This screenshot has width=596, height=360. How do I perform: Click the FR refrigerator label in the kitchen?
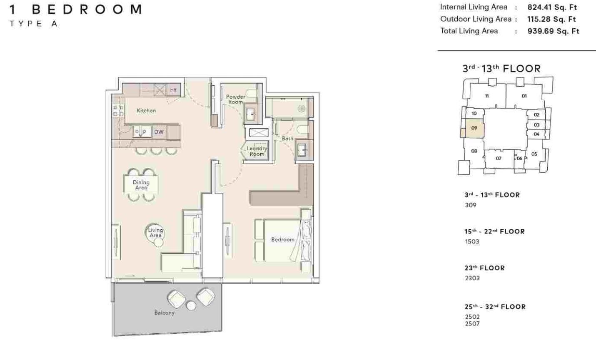(173, 90)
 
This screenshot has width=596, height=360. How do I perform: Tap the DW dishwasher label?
(159, 132)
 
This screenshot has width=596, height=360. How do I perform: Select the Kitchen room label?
(146, 111)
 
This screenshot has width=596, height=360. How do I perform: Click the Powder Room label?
(235, 99)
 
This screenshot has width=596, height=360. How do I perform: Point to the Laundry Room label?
(257, 151)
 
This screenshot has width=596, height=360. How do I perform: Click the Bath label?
(288, 138)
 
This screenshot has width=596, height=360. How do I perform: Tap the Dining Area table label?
(141, 185)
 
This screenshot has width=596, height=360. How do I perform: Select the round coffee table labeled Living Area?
(155, 233)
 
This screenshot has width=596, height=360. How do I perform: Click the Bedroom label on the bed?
(282, 240)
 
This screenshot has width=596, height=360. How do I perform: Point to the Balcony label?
(165, 313)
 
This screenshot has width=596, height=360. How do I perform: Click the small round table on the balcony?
(191, 306)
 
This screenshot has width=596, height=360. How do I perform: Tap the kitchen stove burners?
(118, 111)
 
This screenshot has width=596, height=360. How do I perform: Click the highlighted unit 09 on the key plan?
(474, 128)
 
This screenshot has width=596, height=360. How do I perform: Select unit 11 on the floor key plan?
(486, 96)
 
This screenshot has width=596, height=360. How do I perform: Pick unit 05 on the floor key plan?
(534, 154)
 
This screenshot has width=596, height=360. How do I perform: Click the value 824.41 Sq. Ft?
(552, 7)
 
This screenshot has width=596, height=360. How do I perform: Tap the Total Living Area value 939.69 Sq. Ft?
(553, 31)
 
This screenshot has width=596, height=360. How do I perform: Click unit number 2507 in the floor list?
(472, 323)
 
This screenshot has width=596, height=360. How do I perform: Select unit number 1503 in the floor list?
(472, 242)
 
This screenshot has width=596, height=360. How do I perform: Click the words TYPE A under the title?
(33, 24)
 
